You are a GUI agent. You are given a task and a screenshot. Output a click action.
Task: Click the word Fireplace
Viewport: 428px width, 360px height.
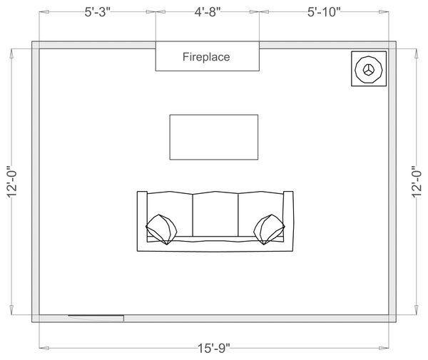[206, 57]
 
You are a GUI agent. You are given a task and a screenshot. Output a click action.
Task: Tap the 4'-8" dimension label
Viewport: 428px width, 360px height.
[206, 13]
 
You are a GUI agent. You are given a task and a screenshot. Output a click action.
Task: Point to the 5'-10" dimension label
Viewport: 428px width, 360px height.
[325, 13]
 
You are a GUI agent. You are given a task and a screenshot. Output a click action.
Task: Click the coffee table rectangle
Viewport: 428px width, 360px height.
[213, 137]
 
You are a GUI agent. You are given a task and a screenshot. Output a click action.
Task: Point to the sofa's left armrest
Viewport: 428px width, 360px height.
[142, 221]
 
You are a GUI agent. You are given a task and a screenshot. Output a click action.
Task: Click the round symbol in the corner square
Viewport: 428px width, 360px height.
[369, 69]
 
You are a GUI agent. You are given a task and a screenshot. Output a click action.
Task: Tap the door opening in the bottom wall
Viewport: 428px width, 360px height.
[96, 317]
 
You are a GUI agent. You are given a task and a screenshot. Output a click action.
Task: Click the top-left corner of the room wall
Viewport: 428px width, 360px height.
[35, 45]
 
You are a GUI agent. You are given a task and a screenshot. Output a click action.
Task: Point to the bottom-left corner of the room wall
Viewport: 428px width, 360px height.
[35, 318]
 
